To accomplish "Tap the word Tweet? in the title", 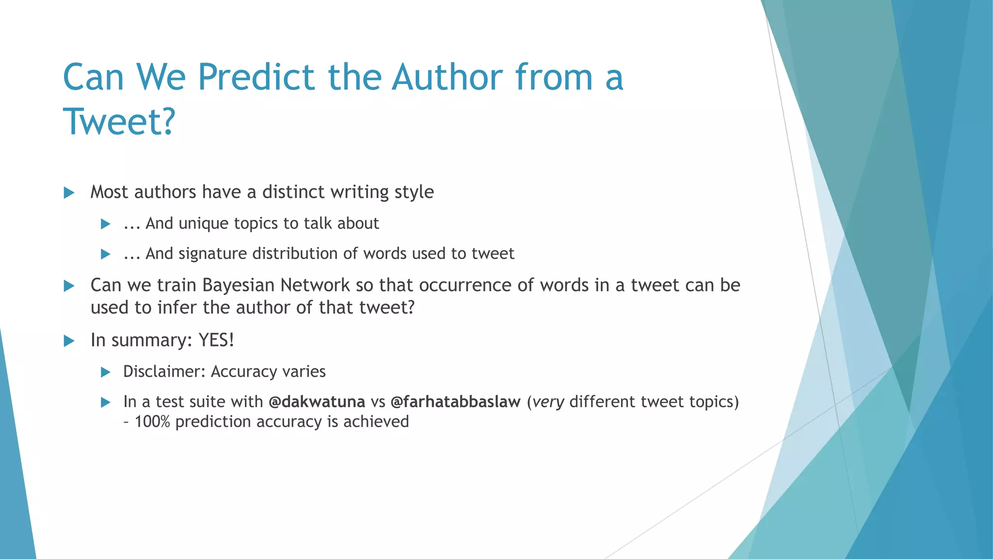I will (x=119, y=121).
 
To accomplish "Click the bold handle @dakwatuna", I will (x=317, y=402).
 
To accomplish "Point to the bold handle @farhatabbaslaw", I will (x=455, y=402).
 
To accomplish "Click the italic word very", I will (x=548, y=402).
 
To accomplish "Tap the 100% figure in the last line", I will (x=152, y=422).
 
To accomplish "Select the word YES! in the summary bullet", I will (x=216, y=340).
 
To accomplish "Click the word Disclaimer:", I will (x=164, y=372).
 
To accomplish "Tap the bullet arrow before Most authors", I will (x=69, y=193).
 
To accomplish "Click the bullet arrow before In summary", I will (x=69, y=341).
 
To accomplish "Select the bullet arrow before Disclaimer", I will (x=105, y=373).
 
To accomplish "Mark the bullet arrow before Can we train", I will (x=69, y=286).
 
